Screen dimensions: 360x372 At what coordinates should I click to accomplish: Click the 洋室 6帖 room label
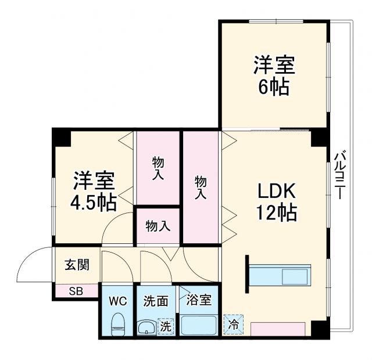pos(274,75)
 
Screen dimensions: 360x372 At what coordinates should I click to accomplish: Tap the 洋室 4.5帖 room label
pos(94,191)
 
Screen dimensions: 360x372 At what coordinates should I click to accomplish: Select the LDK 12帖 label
pos(277,201)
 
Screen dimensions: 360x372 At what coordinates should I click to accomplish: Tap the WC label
pos(118,301)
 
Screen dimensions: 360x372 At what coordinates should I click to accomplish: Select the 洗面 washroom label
pos(156,301)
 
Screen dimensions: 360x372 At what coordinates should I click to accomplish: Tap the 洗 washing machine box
pos(166,326)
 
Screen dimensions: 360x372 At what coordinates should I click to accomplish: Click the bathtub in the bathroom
pos(198,325)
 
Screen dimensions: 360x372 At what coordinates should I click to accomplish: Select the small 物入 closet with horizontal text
pos(158,226)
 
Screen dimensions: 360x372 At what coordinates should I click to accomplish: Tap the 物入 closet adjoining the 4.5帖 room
pos(158,168)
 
